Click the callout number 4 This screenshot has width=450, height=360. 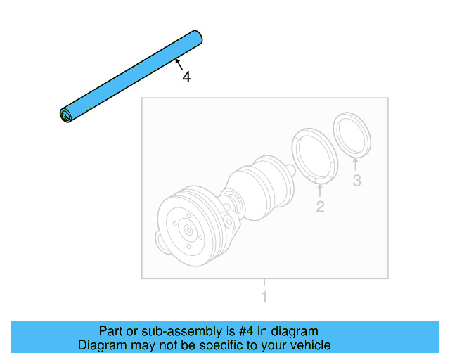186,77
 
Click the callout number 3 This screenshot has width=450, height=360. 356,181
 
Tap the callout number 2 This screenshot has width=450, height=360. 320,207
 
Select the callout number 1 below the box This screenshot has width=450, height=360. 264,297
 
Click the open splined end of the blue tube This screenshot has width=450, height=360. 66,116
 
